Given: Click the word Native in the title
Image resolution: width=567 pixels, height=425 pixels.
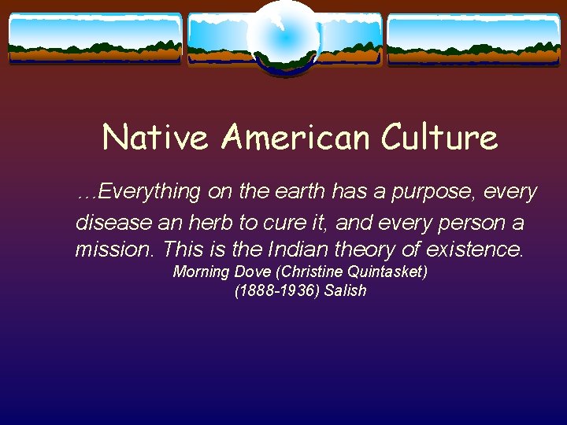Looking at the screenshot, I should click(155, 138).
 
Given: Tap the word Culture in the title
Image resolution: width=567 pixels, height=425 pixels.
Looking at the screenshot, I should click(439, 138).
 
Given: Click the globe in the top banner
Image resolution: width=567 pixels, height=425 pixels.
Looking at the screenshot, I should click(283, 37).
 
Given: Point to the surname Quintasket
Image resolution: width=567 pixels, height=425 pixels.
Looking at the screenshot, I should click(380, 272).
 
